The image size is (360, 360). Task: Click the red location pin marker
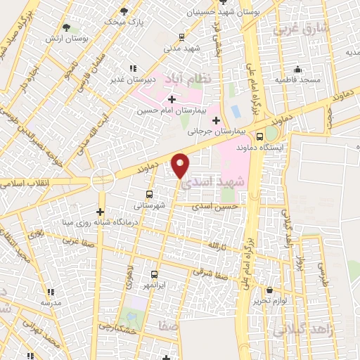[x=181, y=165]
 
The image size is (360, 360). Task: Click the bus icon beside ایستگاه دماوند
[x=259, y=136]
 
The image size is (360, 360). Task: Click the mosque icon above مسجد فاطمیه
[x=297, y=69]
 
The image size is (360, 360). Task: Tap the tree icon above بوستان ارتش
[x=66, y=27]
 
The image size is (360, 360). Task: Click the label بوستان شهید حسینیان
[x=219, y=13]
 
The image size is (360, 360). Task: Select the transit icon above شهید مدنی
[x=182, y=37]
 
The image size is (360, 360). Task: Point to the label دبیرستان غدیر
[x=131, y=79]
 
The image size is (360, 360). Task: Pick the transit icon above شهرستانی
[x=149, y=194]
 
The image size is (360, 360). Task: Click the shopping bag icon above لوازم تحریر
[x=270, y=290]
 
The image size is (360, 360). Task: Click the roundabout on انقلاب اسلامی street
[x=103, y=181]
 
